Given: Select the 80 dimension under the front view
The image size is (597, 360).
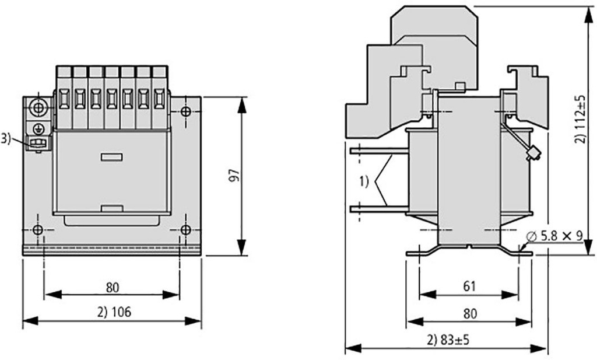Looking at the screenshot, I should (113, 286).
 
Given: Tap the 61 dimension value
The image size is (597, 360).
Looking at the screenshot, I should (469, 286).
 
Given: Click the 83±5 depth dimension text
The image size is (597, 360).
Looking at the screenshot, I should (447, 340).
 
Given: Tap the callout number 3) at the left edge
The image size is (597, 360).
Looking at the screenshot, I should (5, 138).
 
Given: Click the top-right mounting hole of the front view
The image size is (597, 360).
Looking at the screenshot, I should (185, 111).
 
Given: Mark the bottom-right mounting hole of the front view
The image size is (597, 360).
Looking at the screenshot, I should (185, 230).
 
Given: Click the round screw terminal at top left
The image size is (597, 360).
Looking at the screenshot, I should (38, 108).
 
